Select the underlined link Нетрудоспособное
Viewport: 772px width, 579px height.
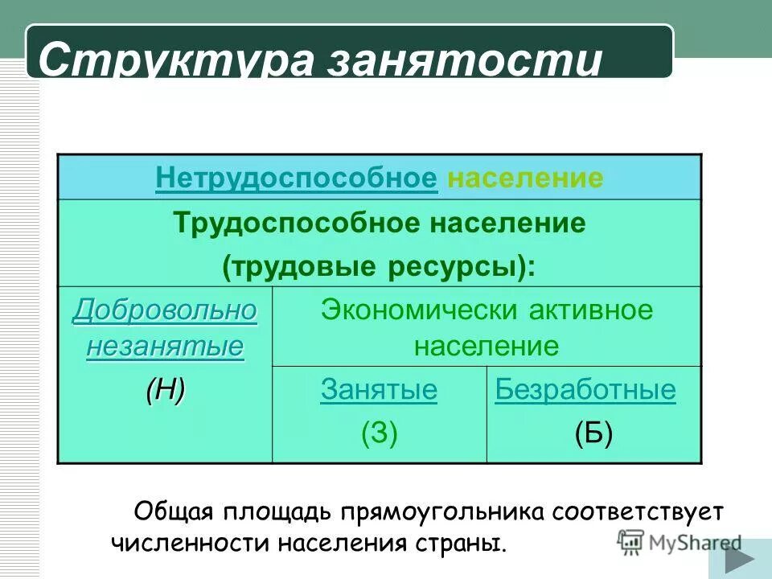(x=297, y=178)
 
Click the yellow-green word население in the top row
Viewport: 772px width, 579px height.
(x=525, y=178)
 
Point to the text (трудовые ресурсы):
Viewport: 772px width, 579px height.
(x=379, y=267)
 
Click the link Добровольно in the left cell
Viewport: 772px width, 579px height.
(x=165, y=310)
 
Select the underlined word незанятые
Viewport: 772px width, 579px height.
(x=165, y=347)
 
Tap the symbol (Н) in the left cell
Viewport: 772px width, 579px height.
(x=165, y=392)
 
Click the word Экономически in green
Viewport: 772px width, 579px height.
(x=421, y=310)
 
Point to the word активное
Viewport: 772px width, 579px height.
(x=593, y=310)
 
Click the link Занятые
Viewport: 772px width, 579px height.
(x=379, y=391)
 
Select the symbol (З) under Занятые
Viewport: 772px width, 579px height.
(x=379, y=434)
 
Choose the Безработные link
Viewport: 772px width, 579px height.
(x=585, y=391)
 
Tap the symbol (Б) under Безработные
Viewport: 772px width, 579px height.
(x=593, y=434)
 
